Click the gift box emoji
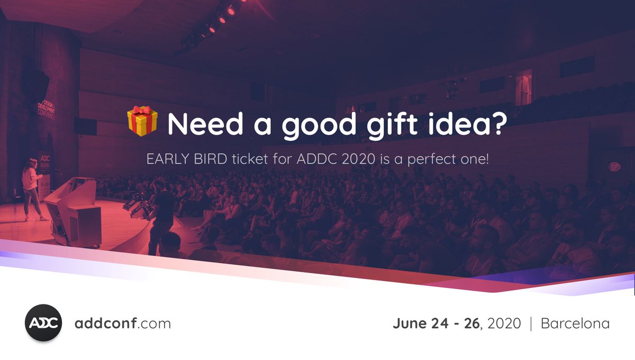[x=143, y=121]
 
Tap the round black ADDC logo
[x=44, y=323]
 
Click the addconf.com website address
[x=123, y=323]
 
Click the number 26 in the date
[x=471, y=323]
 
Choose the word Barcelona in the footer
[x=575, y=323]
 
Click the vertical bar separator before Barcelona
[x=531, y=323]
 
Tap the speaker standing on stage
[x=31, y=188]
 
